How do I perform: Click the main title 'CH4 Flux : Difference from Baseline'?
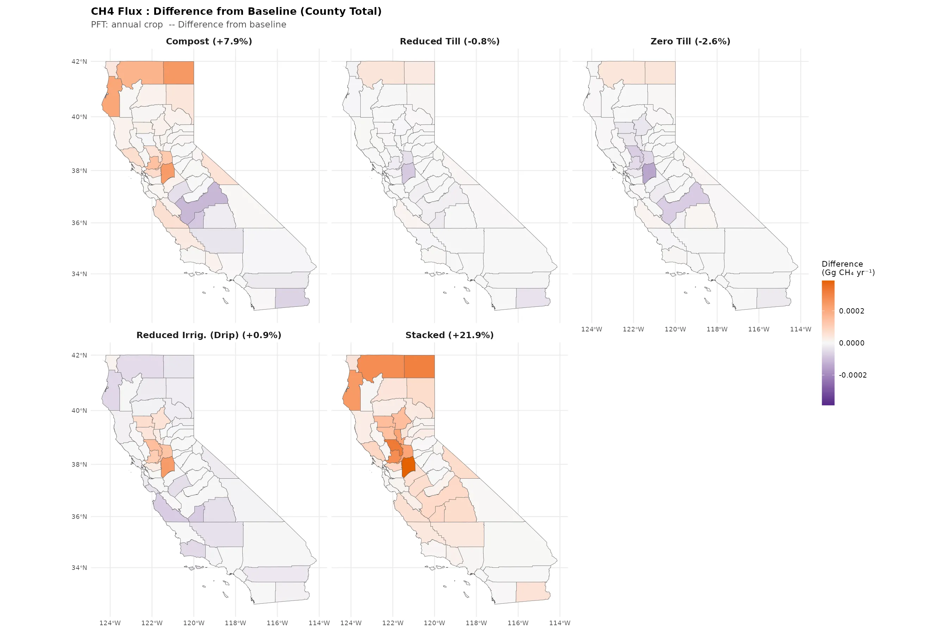tap(236, 11)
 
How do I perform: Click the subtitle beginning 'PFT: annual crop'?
tap(188, 25)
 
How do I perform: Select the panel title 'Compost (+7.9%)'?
tap(209, 41)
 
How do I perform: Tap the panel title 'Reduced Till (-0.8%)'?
tap(450, 41)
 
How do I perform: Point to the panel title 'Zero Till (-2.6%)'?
tap(690, 41)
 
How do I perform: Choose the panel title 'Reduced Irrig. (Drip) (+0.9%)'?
tap(209, 335)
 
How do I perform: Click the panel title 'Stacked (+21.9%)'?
tap(450, 335)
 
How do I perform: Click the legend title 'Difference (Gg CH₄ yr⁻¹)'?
tap(848, 268)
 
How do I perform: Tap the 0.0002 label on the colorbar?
tap(852, 311)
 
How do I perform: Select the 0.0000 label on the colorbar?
tap(852, 343)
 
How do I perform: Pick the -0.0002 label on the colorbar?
tap(852, 375)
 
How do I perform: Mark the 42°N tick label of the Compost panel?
tap(79, 61)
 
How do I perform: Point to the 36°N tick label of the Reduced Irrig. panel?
tap(79, 517)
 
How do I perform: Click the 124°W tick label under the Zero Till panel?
tap(591, 329)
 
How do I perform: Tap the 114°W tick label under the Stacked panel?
tap(560, 623)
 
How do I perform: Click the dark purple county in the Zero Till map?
tap(649, 173)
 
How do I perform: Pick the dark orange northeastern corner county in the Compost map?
tap(178, 73)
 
